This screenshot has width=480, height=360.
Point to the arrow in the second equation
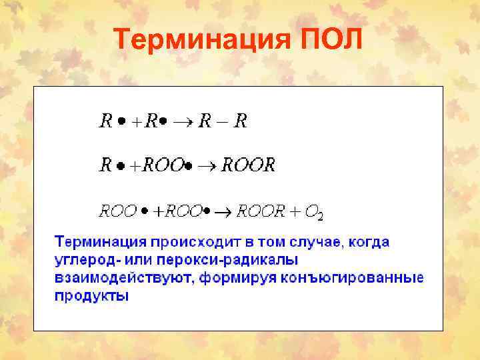(213, 166)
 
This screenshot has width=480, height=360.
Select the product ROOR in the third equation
(261, 212)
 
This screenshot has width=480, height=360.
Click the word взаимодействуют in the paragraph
(124, 277)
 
